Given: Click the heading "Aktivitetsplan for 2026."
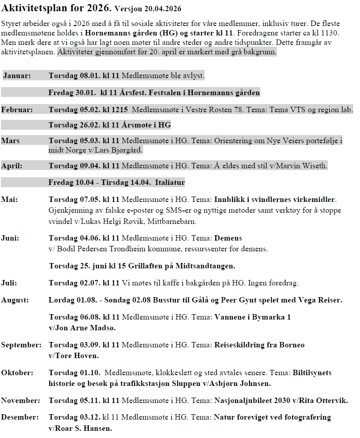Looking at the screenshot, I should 57,8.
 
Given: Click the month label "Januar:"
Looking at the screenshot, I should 17,75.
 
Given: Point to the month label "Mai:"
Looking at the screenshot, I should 9,199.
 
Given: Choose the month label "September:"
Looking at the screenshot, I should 21,345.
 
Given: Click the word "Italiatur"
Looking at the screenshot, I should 170,183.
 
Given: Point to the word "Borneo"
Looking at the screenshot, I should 290,345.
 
